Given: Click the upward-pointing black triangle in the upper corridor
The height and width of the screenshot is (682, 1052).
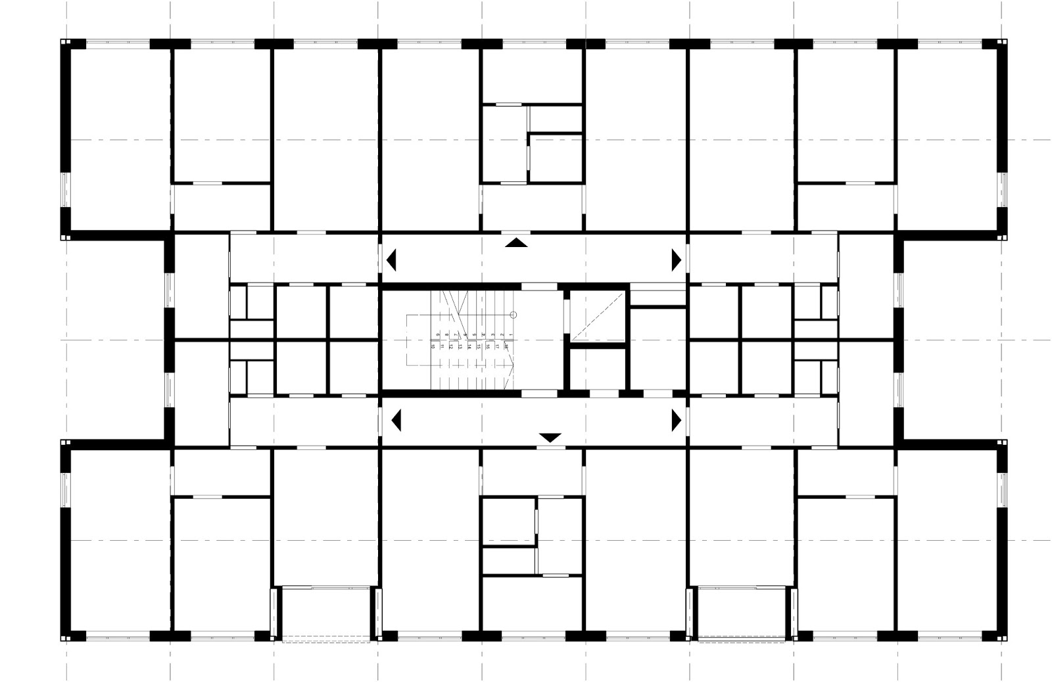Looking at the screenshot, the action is (x=516, y=243).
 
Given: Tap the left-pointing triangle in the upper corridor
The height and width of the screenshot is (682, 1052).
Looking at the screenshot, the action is (x=392, y=260).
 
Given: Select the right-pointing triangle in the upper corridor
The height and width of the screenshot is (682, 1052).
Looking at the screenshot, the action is (x=675, y=260).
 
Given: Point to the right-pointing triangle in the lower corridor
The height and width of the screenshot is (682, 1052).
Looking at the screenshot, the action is (x=675, y=420).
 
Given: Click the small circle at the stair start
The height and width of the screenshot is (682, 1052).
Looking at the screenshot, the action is (x=514, y=315).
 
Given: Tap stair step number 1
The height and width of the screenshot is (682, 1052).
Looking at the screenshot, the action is (x=511, y=336).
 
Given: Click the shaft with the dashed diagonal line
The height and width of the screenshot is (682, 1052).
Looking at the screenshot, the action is (x=596, y=316).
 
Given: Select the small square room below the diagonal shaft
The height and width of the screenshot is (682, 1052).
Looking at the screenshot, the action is (x=596, y=368).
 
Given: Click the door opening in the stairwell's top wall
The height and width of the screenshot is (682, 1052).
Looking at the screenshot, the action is (x=539, y=286).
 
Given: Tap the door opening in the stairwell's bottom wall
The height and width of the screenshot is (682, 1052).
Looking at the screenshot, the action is (x=539, y=393).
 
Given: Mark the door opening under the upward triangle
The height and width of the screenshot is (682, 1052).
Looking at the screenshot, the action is (x=516, y=231).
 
